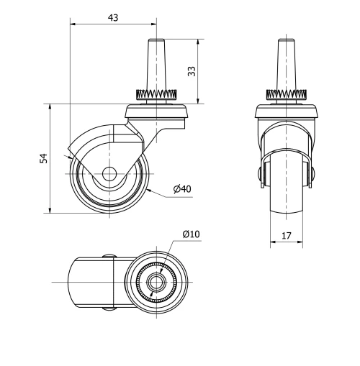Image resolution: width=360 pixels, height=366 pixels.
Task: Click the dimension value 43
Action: tap(113, 17)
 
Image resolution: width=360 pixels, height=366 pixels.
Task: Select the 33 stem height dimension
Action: tap(192, 71)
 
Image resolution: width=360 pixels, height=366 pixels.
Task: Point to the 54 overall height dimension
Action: tap(42, 158)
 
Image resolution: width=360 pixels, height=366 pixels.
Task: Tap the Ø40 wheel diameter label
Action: tap(181, 189)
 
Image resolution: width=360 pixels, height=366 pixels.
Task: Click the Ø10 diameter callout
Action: tap(191, 234)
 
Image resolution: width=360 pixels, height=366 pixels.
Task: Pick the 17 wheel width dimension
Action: tap(287, 234)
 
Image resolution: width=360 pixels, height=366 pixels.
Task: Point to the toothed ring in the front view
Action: tap(287, 95)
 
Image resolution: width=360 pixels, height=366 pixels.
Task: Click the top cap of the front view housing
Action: tap(287, 111)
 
